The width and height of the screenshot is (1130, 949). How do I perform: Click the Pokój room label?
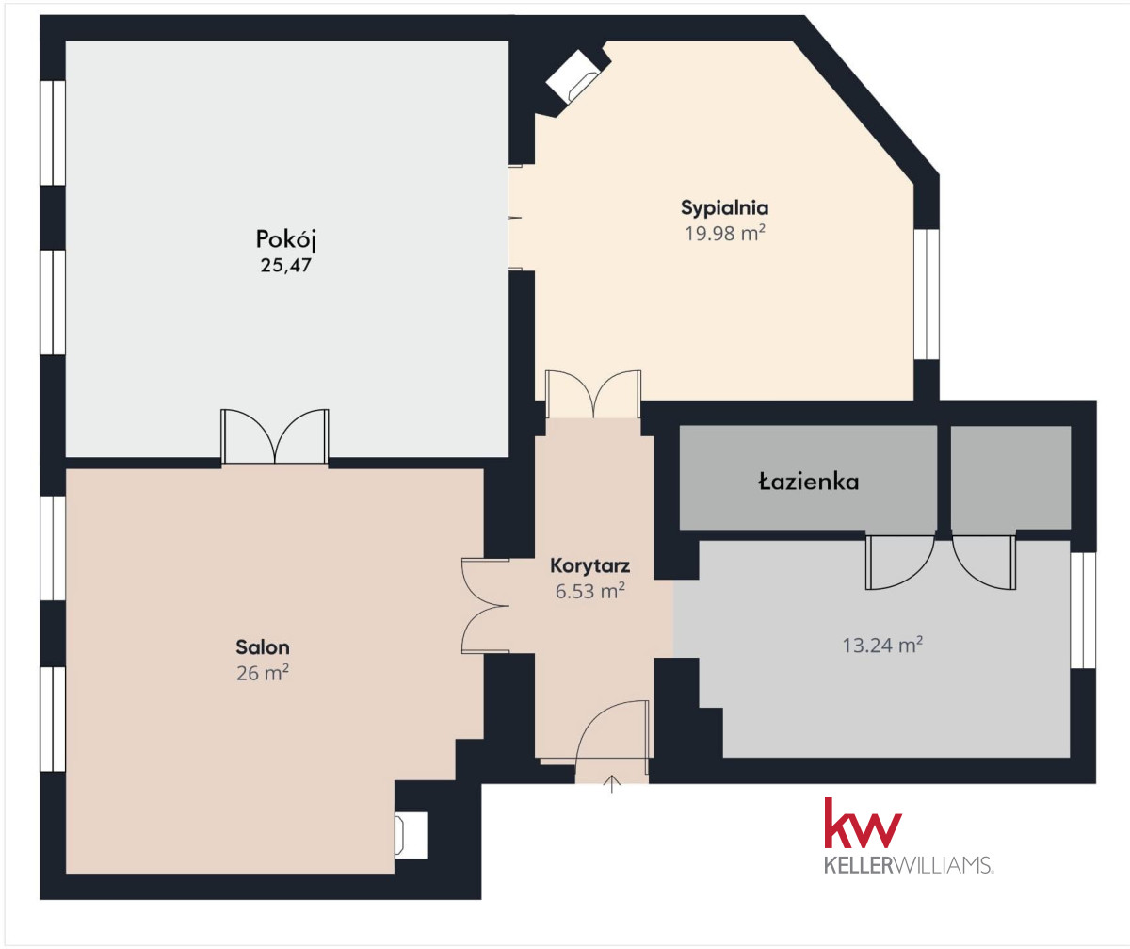(285, 239)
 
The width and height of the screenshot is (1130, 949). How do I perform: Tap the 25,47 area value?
(285, 266)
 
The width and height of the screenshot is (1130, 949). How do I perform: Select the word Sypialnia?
(725, 208)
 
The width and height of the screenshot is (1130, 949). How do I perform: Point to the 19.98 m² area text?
(725, 234)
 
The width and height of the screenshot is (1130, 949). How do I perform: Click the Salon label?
(263, 646)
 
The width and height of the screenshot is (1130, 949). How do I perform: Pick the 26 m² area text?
(263, 673)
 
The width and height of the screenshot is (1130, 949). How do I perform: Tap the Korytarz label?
(589, 566)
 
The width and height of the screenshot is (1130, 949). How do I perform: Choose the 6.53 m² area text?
(589, 591)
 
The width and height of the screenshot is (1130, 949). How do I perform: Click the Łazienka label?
(809, 482)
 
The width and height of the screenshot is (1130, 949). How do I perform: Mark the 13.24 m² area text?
(882, 646)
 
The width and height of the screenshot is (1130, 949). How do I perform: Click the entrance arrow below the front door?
(611, 784)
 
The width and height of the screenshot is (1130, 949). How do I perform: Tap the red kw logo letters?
(864, 824)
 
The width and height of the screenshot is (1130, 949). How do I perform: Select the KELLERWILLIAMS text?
(908, 865)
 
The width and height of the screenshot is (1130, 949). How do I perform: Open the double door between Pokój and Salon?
(274, 437)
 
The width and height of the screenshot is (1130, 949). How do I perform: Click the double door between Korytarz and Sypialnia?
(593, 394)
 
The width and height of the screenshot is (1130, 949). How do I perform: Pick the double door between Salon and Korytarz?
(486, 606)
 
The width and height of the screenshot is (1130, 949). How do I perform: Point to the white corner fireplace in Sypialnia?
(573, 76)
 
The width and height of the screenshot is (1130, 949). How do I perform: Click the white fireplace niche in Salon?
(411, 835)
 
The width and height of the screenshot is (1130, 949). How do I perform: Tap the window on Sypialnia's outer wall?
(927, 294)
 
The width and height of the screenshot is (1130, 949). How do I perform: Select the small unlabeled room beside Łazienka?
(1011, 477)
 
